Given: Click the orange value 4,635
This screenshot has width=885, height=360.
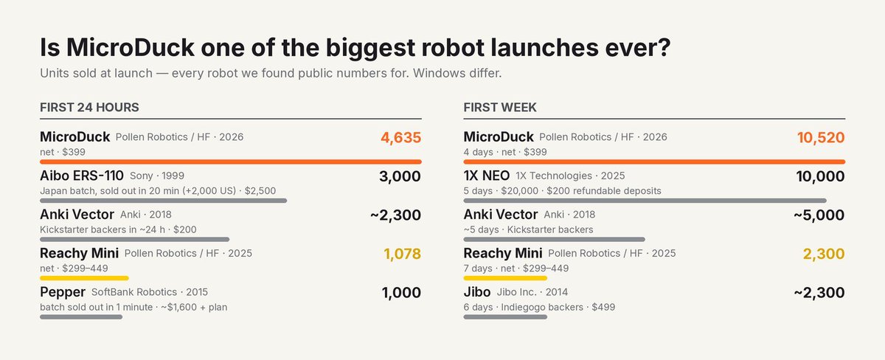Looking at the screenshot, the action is (401, 137).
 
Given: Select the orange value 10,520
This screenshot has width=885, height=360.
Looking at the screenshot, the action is (821, 137).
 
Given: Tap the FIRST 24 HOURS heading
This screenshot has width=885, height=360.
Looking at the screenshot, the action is (89, 108).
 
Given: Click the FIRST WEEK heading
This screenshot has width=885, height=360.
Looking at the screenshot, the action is (500, 108).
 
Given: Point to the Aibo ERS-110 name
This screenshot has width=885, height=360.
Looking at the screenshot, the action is (82, 176).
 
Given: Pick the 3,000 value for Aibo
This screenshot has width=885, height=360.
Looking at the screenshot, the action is (400, 176).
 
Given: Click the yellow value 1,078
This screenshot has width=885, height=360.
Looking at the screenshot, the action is (403, 254).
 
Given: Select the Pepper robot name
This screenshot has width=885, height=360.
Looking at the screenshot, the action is (63, 292).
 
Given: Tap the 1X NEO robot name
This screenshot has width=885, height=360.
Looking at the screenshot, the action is (486, 176).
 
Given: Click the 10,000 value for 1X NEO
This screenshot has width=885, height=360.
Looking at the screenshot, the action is (821, 176).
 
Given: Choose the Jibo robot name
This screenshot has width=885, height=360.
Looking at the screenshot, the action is (477, 292).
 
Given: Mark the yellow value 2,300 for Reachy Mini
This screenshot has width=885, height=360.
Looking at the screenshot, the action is (824, 254).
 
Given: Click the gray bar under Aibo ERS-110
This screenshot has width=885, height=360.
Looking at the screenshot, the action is (163, 201).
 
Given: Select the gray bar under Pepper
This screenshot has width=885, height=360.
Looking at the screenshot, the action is (81, 317).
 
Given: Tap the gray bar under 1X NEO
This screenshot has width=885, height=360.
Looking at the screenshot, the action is (645, 201).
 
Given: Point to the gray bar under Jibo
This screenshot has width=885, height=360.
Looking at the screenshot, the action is (505, 317).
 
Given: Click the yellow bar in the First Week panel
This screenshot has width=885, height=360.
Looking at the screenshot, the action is (505, 278).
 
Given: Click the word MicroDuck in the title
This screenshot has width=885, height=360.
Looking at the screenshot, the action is (131, 47).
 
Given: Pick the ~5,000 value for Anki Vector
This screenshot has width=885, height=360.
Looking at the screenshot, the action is (819, 215).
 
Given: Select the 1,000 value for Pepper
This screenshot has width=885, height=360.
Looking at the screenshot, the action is (401, 292).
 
